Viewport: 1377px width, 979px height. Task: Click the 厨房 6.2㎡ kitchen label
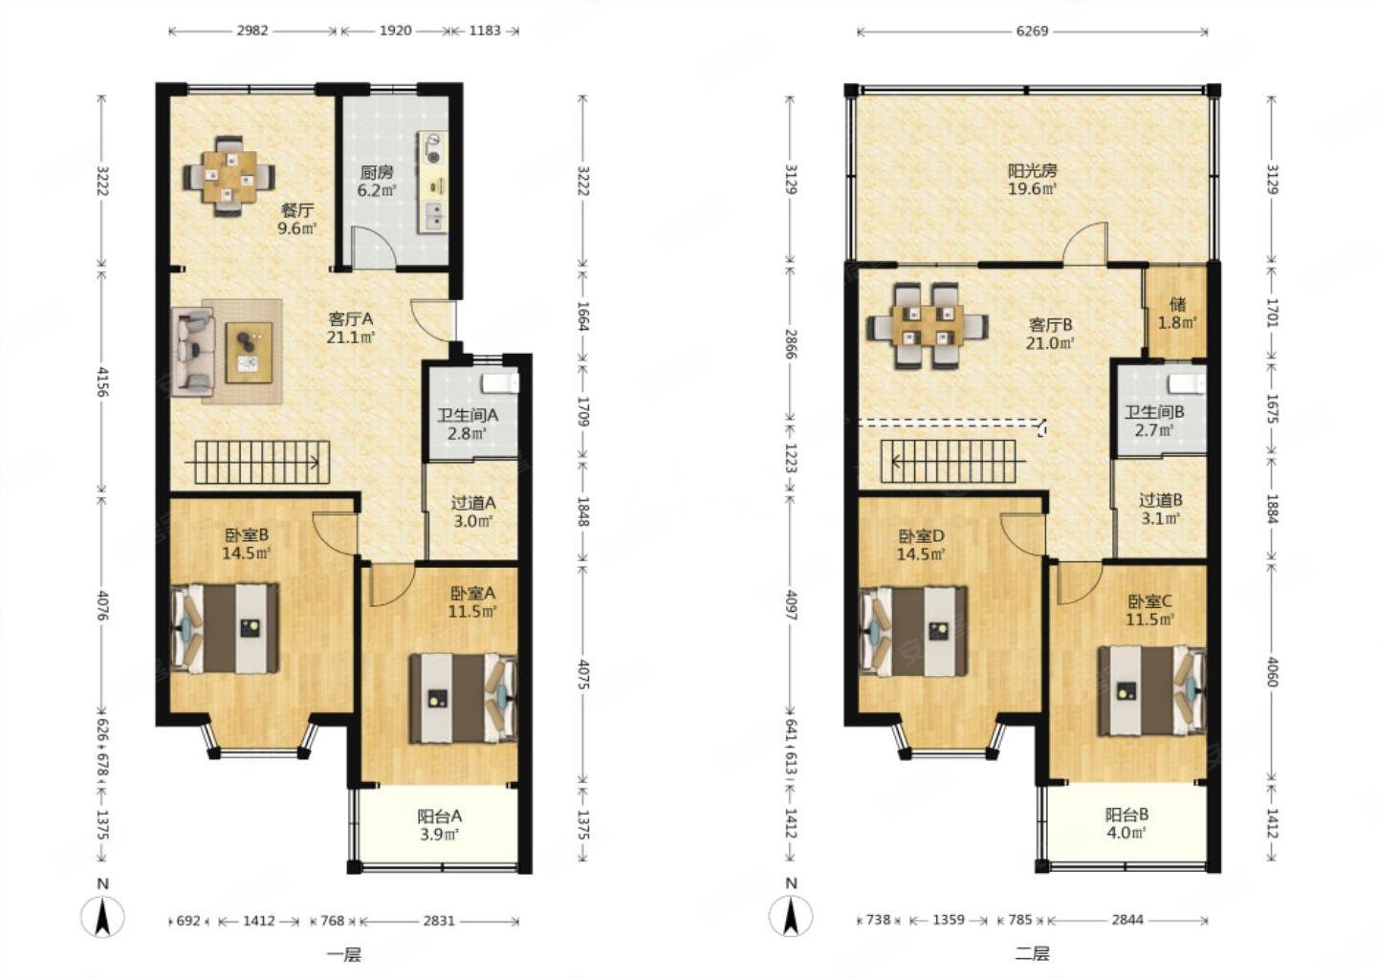pos(377,181)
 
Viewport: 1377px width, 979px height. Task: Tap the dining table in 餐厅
pos(229,176)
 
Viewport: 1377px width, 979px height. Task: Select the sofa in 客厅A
pos(193,352)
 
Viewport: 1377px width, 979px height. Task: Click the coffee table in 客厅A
pos(249,353)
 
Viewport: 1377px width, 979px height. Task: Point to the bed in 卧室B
pos(225,628)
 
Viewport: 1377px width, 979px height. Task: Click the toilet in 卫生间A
pos(501,382)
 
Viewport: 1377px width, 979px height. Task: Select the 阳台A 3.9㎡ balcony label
pos(440,825)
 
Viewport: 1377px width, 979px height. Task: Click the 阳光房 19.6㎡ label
pos(1032,179)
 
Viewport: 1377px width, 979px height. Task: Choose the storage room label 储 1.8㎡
pos(1177,314)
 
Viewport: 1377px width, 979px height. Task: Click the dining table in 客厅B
pos(928,325)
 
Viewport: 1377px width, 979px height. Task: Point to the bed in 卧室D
pos(913,631)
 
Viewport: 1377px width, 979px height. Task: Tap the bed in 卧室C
pos(1152,691)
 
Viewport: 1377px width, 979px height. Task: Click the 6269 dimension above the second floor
pos(1032,31)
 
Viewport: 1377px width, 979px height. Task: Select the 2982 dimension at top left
pos(252,31)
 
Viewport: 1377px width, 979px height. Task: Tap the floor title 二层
pos(1033,954)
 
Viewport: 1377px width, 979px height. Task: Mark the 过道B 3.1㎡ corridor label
pos(1161,509)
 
